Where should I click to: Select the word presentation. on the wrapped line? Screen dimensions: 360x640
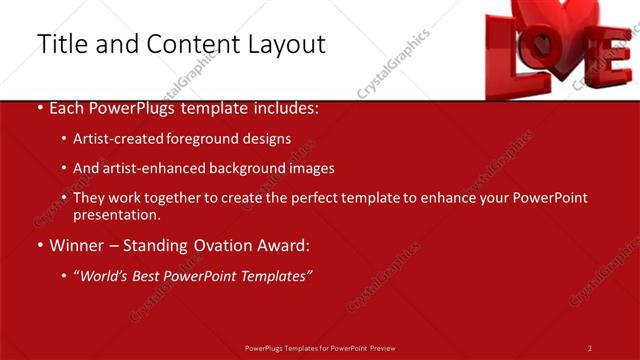coord(116,215)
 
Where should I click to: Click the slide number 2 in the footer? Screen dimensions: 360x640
coord(590,348)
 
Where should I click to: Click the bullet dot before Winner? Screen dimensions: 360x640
coord(39,246)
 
